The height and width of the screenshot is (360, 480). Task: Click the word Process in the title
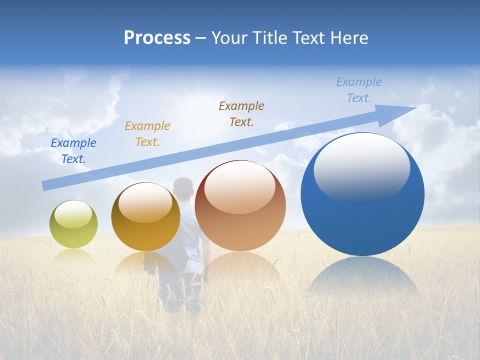tap(157, 38)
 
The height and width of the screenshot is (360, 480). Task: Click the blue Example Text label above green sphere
tap(73, 150)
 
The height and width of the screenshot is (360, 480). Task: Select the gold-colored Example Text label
tap(147, 133)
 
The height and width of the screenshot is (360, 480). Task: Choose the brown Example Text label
tap(241, 113)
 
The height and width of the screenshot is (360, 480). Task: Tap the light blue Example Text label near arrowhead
tap(359, 90)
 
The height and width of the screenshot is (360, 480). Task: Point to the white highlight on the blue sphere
tap(361, 167)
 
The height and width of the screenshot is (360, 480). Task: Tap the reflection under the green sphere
tap(73, 256)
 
